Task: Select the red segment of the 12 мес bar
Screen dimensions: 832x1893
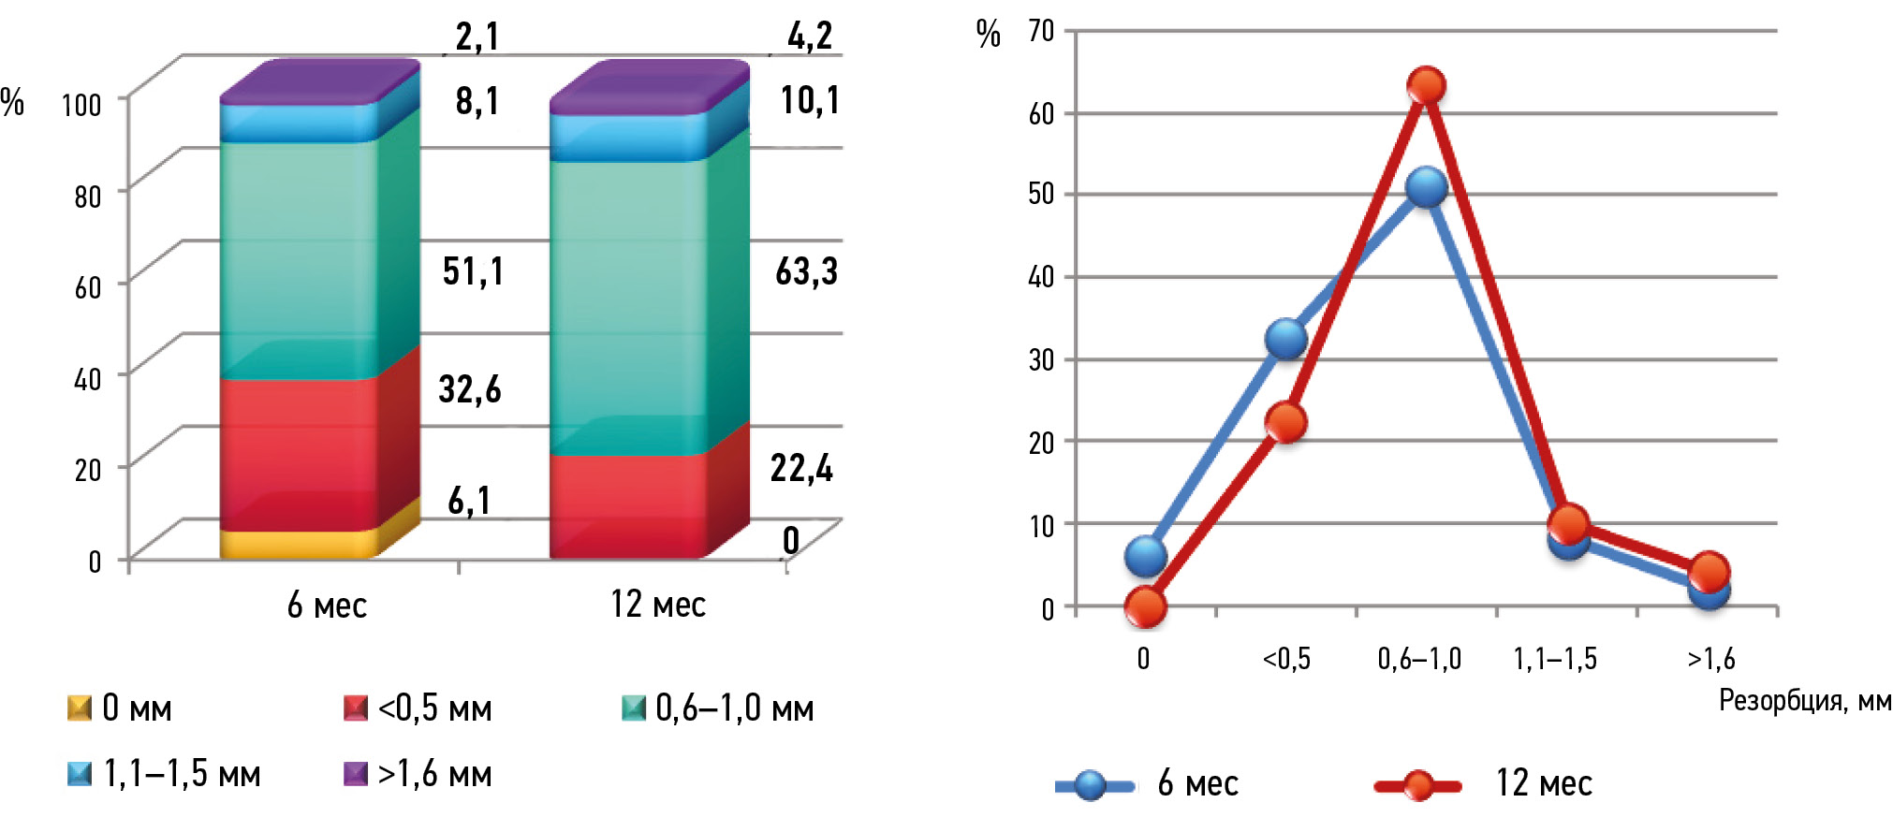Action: pos(627,505)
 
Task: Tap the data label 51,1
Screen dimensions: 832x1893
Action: pos(473,271)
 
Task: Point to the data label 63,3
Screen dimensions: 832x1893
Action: pos(806,271)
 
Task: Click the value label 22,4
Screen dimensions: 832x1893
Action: pos(801,467)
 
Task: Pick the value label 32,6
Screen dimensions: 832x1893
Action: pos(470,388)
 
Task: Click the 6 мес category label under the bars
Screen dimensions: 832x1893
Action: pos(327,606)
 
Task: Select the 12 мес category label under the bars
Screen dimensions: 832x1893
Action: pos(658,605)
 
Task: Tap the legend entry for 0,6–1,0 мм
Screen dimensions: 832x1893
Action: pos(718,708)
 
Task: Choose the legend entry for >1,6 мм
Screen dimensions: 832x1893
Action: pos(418,774)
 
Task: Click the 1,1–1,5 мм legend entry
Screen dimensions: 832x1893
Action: pos(165,774)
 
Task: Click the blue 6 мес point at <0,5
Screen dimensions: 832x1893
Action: pos(1286,339)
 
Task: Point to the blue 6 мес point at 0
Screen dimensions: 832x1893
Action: pos(1145,557)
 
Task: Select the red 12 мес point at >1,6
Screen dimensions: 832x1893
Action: pos(1710,571)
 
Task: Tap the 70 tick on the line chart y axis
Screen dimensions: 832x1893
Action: pos(1041,31)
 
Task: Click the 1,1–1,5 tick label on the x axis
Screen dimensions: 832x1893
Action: pos(1555,659)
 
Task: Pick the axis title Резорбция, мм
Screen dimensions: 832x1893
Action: pos(1804,700)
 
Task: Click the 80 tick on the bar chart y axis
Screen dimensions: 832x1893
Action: pos(88,196)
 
